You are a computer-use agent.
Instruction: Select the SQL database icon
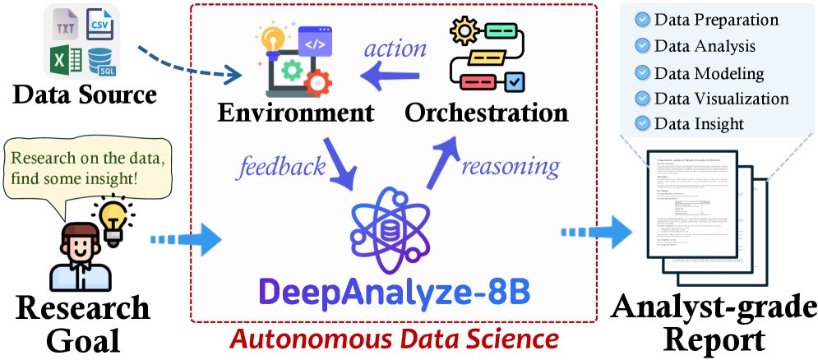[101, 60]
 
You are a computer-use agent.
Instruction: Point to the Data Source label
[85, 95]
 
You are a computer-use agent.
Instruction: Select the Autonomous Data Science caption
[393, 337]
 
